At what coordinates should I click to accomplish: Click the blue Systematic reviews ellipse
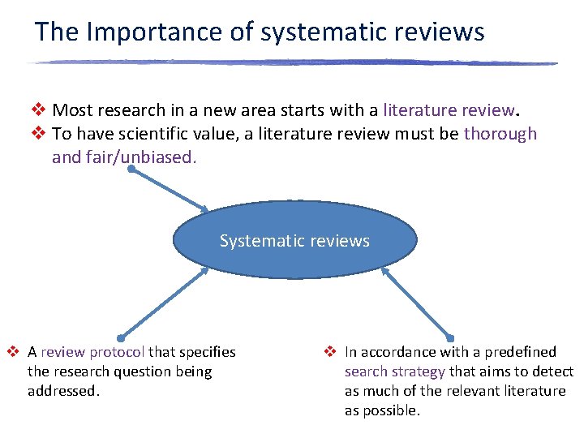pyautogui.click(x=294, y=240)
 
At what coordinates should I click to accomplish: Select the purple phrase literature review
pyautogui.click(x=449, y=110)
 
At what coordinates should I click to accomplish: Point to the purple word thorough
pyautogui.click(x=500, y=134)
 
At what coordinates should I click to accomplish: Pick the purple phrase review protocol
pyautogui.click(x=93, y=352)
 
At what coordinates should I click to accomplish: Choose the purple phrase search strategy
pyautogui.click(x=395, y=371)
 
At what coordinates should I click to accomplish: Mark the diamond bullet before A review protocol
pyautogui.click(x=13, y=352)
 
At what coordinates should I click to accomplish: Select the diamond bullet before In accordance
pyautogui.click(x=330, y=352)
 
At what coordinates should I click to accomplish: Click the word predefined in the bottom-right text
pyautogui.click(x=524, y=352)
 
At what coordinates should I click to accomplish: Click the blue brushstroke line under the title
pyautogui.click(x=292, y=62)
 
